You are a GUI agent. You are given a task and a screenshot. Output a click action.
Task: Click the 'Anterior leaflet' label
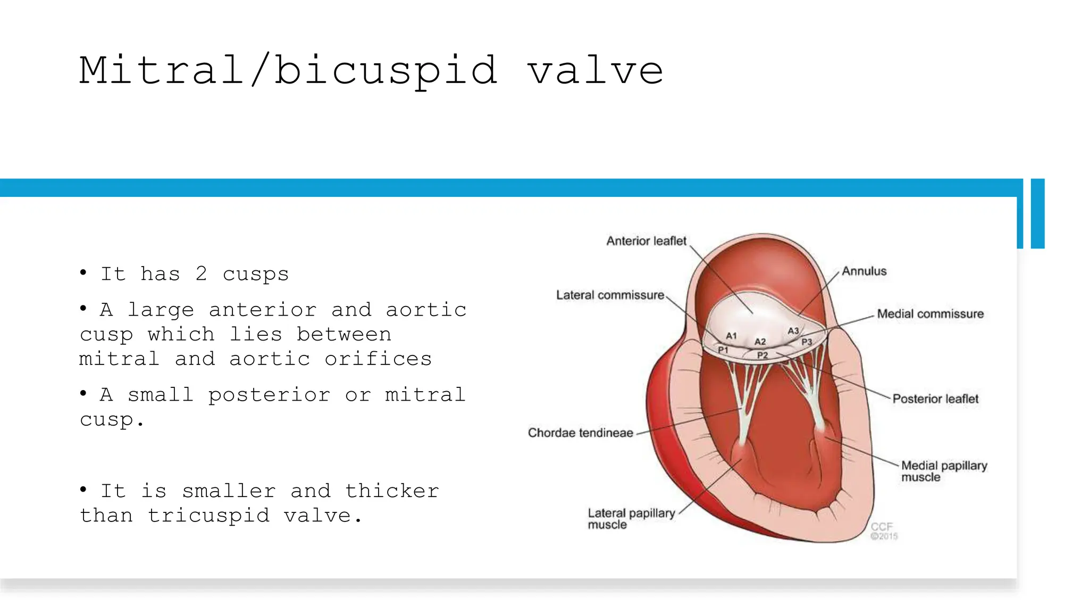(x=646, y=241)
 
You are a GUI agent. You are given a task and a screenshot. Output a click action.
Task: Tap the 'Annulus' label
(x=864, y=271)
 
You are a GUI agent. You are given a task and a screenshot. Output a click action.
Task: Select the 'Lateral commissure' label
(x=610, y=295)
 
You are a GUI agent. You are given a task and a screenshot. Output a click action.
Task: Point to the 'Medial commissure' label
(x=930, y=314)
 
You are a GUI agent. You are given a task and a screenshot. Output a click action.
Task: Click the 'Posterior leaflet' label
(x=935, y=399)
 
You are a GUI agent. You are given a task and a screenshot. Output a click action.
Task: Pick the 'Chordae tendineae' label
(x=580, y=433)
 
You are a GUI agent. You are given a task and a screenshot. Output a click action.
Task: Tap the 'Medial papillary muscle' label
(x=943, y=471)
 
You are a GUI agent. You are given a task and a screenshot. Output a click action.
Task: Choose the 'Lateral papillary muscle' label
(x=631, y=519)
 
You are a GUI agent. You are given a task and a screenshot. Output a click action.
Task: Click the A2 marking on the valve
(x=760, y=342)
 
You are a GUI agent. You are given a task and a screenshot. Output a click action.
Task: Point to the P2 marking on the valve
(x=763, y=355)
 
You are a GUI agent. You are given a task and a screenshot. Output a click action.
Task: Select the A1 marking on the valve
(x=732, y=336)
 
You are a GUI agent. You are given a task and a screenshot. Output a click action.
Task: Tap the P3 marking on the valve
(x=807, y=342)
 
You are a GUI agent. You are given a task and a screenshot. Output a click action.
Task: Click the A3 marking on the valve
(x=793, y=331)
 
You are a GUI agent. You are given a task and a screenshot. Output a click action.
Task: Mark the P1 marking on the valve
(x=723, y=350)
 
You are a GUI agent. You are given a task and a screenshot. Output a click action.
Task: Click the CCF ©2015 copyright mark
(x=883, y=531)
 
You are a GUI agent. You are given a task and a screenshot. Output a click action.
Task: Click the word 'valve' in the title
(x=595, y=71)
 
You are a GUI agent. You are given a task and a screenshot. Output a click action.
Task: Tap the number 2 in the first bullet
(x=201, y=274)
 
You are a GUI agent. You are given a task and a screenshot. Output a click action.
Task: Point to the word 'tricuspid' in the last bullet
(x=208, y=516)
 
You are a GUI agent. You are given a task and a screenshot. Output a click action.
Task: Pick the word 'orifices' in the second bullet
(x=378, y=359)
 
